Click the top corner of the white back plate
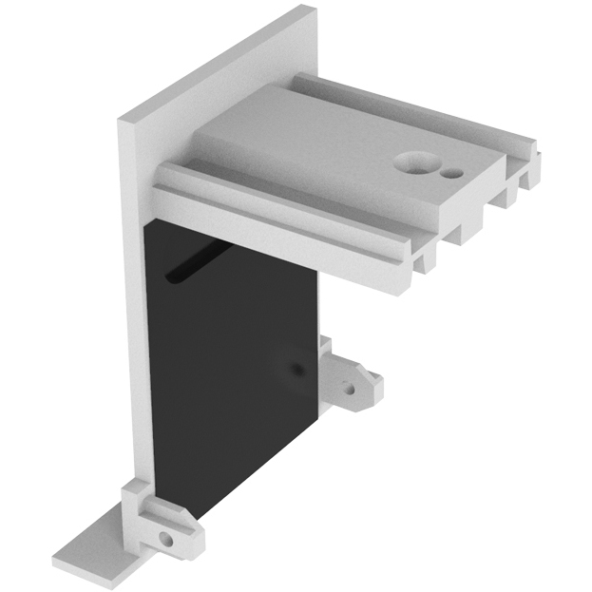(306, 11)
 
